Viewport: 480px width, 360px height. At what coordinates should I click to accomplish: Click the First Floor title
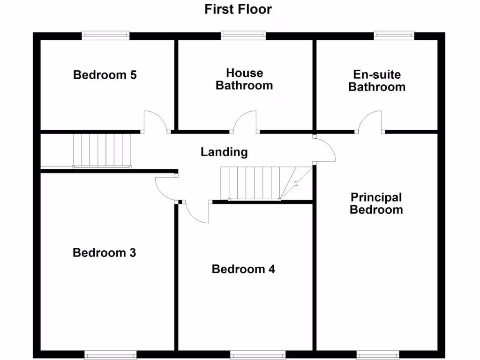click(238, 9)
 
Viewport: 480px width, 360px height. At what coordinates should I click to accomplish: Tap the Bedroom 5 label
click(105, 75)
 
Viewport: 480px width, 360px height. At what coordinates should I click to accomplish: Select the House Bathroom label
click(244, 79)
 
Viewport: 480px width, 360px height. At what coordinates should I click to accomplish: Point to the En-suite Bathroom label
click(377, 81)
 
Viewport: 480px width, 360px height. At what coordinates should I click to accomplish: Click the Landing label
click(224, 152)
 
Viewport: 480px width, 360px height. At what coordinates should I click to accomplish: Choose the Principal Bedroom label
click(376, 203)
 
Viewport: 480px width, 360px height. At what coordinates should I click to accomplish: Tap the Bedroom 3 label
click(105, 253)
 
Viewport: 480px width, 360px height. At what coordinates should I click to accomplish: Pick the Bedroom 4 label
click(243, 269)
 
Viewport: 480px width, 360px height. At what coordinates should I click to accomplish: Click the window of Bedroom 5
click(105, 34)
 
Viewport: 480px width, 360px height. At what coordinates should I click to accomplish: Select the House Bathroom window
click(243, 34)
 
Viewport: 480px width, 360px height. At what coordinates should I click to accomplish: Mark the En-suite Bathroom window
click(394, 34)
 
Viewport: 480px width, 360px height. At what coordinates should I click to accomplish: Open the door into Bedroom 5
click(155, 122)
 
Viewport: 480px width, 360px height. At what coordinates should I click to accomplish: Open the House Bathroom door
click(245, 122)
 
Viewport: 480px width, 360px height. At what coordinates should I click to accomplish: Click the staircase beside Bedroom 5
click(101, 150)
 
